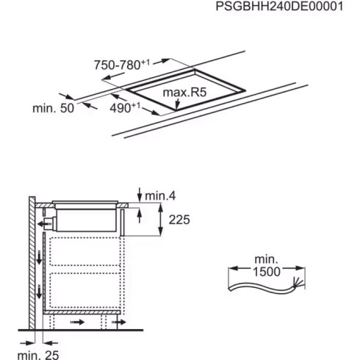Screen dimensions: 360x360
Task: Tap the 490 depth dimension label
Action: [125, 107]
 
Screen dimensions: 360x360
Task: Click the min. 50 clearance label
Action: [53, 108]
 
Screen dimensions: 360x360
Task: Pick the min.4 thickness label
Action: [161, 195]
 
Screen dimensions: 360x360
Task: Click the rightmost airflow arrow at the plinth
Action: [120, 321]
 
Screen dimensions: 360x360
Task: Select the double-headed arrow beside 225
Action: [161, 219]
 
